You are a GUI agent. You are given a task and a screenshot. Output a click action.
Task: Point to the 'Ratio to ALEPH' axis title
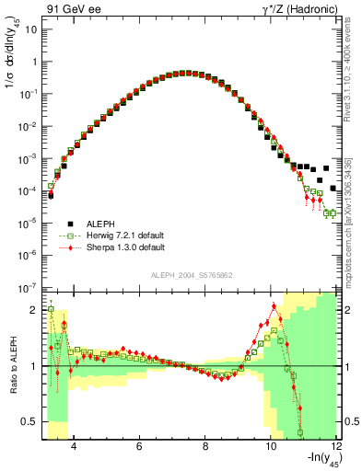(x=11, y=365)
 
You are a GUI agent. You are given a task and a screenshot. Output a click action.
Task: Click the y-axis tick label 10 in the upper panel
(x=29, y=29)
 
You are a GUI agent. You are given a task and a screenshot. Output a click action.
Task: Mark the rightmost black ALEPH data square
(x=334, y=189)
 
